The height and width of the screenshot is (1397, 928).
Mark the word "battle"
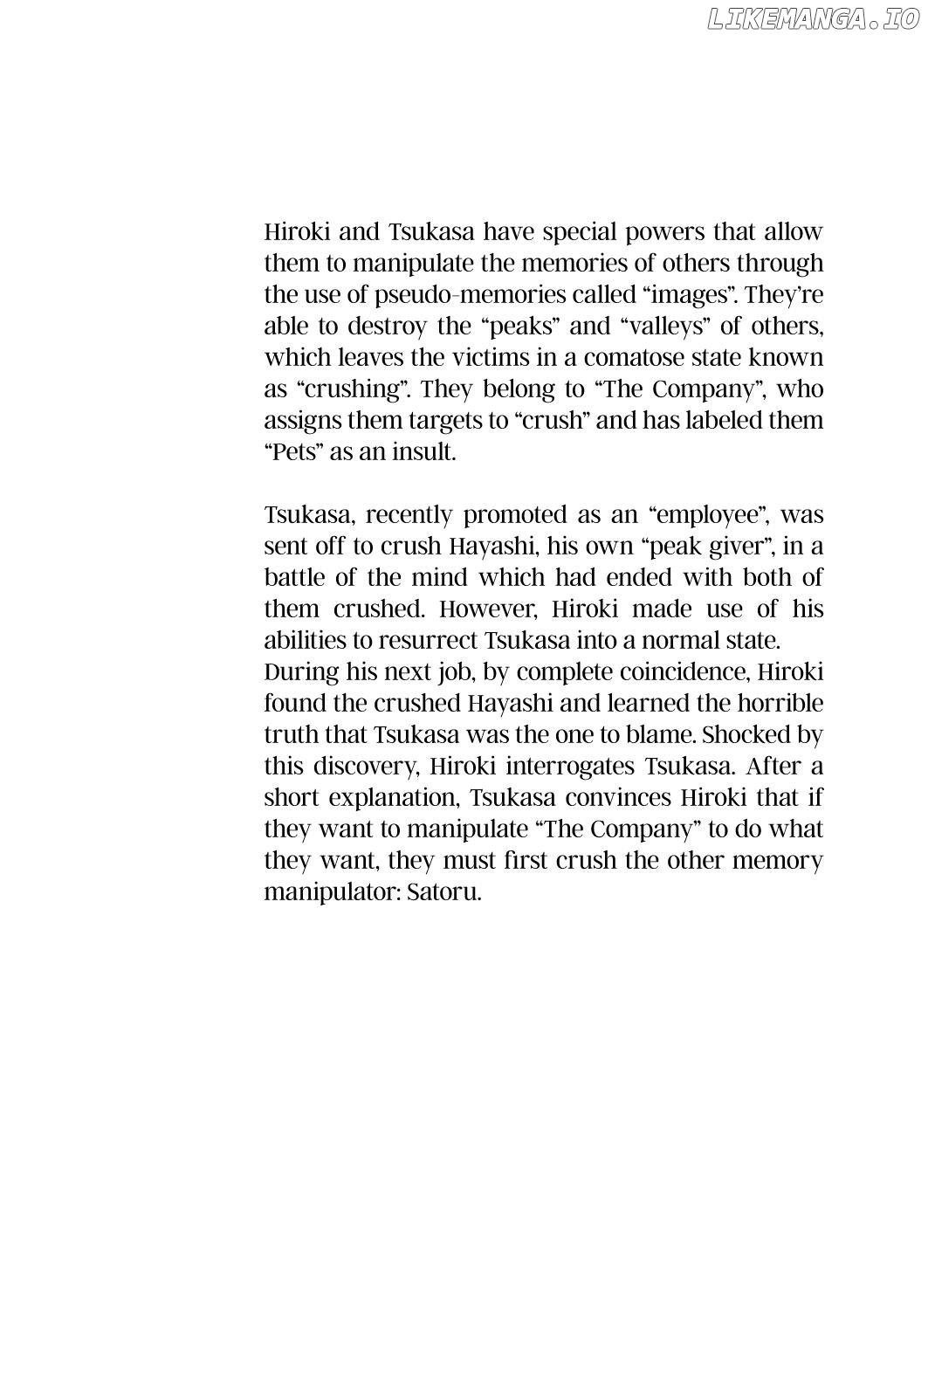292,578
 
